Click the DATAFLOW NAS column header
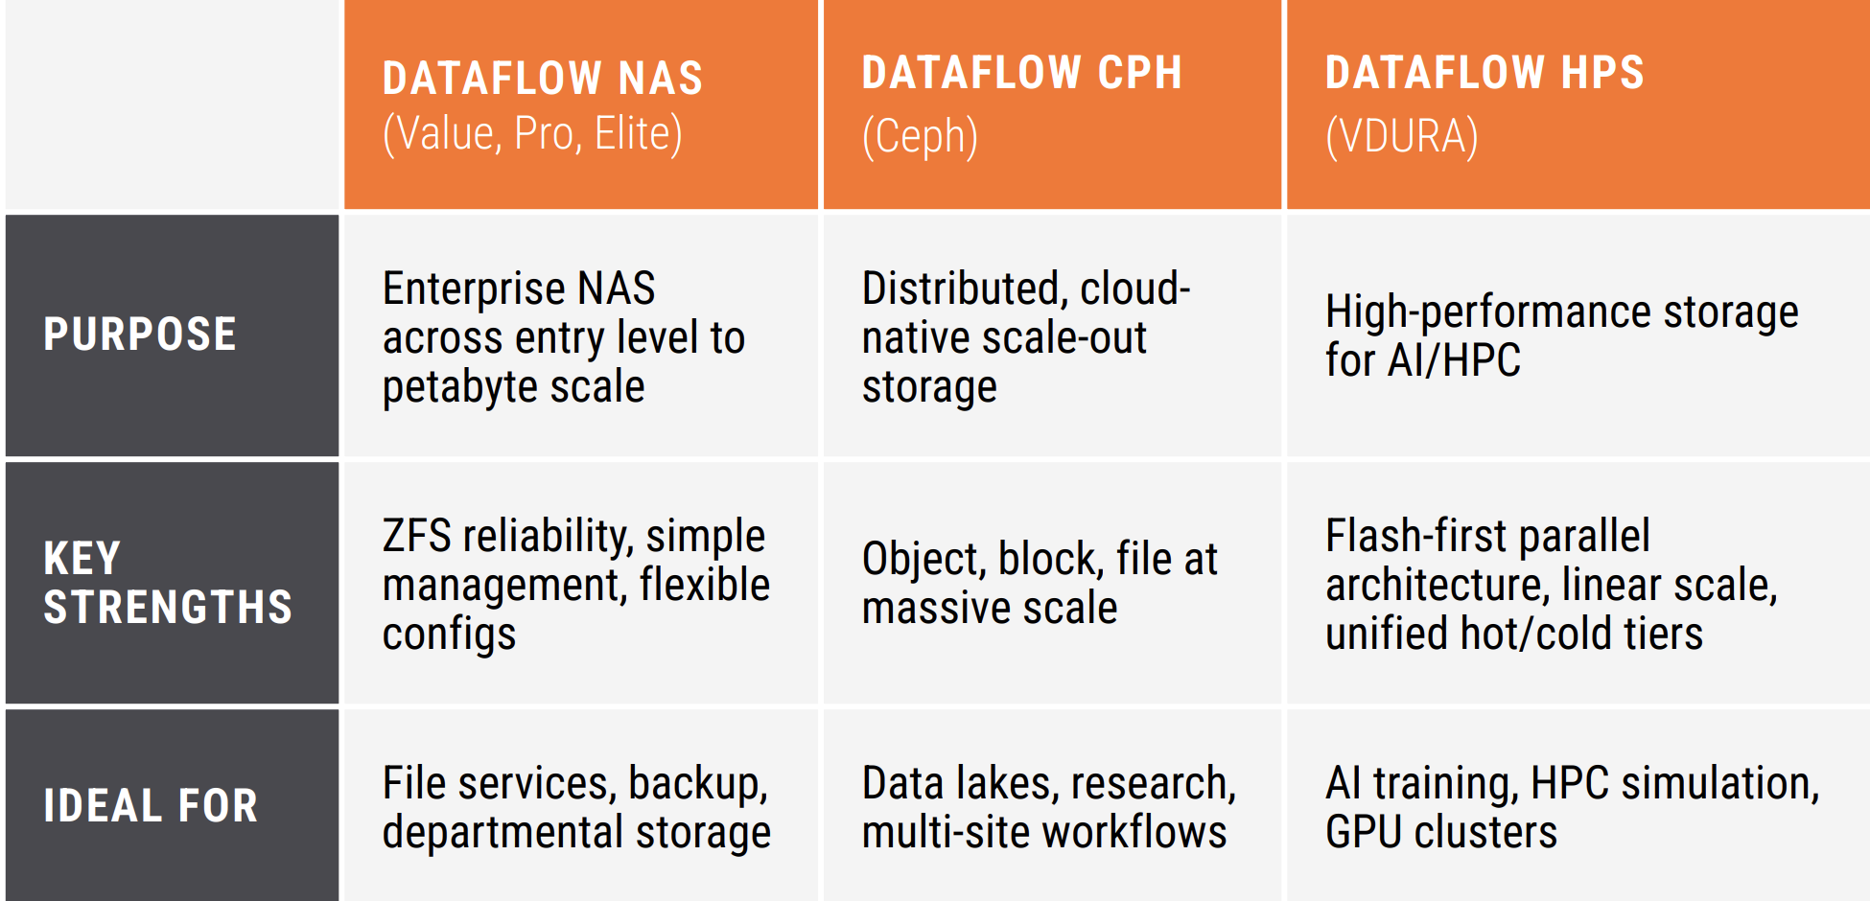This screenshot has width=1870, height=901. click(543, 79)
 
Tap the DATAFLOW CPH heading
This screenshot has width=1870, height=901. click(1022, 73)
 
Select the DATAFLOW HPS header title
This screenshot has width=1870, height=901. click(1484, 73)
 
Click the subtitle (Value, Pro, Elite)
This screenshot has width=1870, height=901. click(532, 134)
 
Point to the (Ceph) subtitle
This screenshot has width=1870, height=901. click(920, 137)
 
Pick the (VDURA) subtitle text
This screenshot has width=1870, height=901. click(1402, 137)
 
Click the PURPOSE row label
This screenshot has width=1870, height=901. click(140, 335)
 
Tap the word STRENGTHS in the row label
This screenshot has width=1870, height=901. click(168, 608)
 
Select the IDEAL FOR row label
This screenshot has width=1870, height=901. click(151, 806)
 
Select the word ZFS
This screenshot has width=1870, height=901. click(416, 536)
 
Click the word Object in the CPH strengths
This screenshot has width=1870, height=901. click(924, 560)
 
